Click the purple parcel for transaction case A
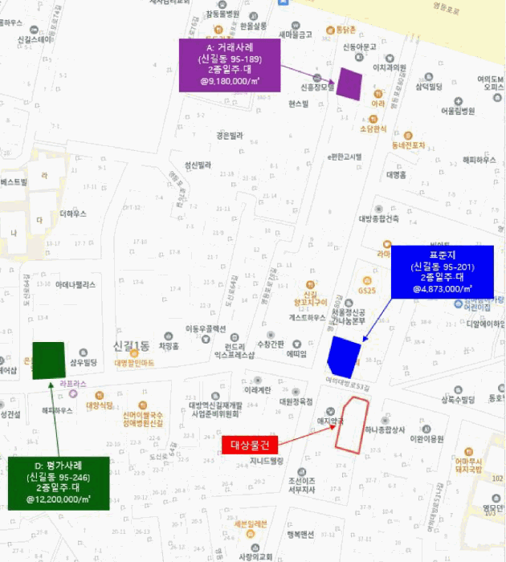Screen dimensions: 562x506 (x=349, y=83)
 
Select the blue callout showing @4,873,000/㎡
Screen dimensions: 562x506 (x=441, y=271)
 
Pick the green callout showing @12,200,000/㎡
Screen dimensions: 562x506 (x=58, y=483)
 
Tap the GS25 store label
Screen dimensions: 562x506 (x=368, y=291)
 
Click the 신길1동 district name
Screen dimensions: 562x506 (x=132, y=346)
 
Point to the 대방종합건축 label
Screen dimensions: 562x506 (x=378, y=218)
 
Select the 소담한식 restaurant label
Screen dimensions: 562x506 (x=373, y=128)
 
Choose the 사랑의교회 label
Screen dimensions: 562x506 (x=255, y=556)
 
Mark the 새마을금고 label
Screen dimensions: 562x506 (x=295, y=35)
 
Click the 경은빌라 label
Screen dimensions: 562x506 (x=229, y=136)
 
